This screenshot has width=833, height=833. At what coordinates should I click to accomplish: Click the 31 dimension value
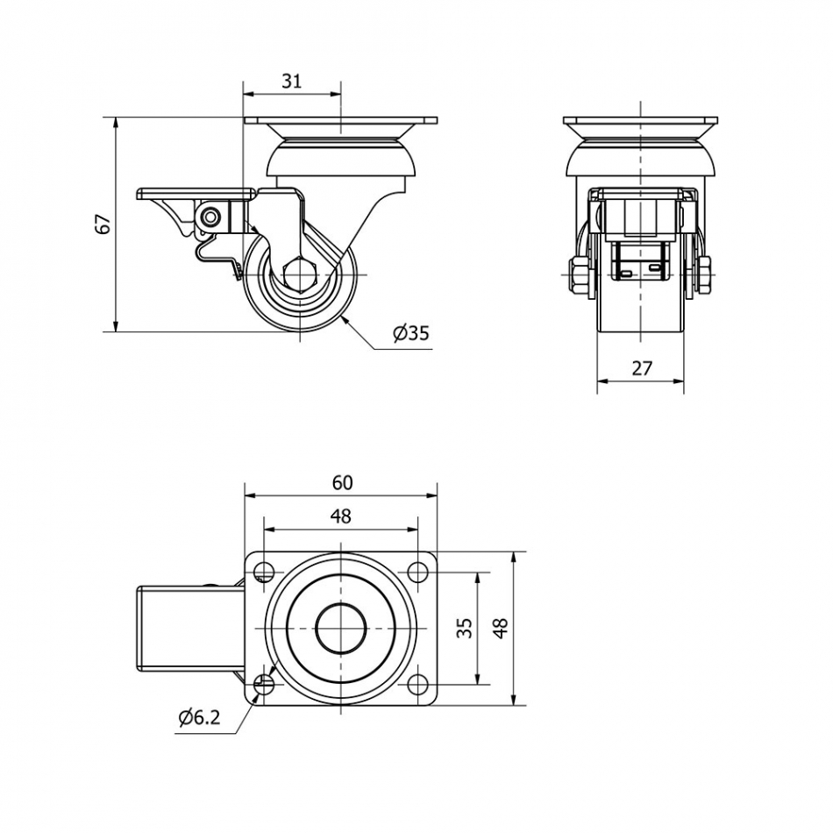[x=292, y=82]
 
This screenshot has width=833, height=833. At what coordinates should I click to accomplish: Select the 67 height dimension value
[x=103, y=224]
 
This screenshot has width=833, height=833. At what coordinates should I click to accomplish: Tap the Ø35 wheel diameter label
[x=410, y=333]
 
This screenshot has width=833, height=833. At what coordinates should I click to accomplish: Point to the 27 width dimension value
[x=642, y=368]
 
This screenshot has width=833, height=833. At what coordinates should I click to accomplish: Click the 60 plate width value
[x=342, y=482]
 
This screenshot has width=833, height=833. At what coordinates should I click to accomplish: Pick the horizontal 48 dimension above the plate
[x=341, y=517]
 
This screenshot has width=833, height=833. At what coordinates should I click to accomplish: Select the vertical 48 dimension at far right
[x=501, y=628]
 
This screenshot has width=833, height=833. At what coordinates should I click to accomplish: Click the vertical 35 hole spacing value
[x=466, y=628]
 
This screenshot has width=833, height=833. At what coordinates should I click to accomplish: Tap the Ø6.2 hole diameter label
[x=199, y=718]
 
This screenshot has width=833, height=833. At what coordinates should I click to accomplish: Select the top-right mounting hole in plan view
[x=416, y=573]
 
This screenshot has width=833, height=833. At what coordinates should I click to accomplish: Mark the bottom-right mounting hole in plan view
[x=416, y=684]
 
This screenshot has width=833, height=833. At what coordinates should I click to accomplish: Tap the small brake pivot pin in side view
[x=210, y=216]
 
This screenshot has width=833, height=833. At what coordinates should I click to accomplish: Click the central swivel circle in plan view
[x=340, y=629]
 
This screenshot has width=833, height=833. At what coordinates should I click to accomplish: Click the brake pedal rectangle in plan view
[x=189, y=629]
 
